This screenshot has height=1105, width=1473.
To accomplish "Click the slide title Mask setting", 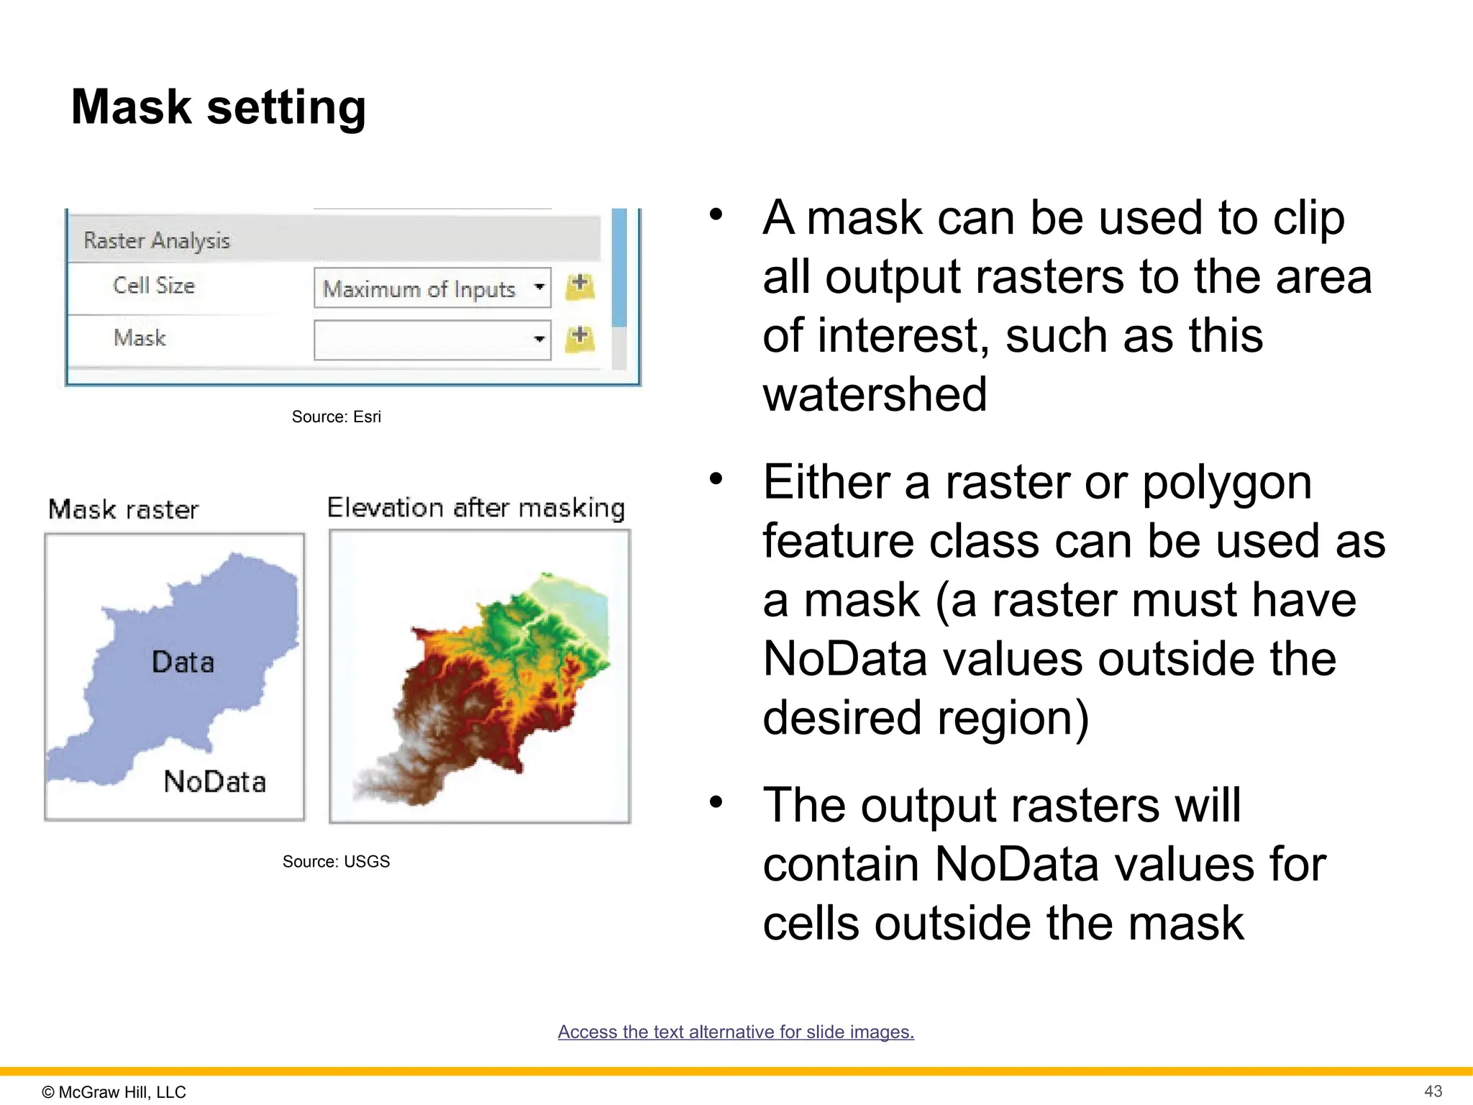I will [219, 107].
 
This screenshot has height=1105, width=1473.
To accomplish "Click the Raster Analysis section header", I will [157, 240].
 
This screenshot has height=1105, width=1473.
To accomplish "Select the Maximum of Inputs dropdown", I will [432, 288].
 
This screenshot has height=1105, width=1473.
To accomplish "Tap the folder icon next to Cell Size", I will [580, 286].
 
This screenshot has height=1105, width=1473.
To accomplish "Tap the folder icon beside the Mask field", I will [580, 338].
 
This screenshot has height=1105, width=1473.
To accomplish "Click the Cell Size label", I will [154, 286].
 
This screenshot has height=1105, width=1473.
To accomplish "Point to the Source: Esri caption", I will [336, 417].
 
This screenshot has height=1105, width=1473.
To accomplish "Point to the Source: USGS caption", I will [336, 861].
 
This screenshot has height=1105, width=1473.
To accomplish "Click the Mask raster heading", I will [123, 509].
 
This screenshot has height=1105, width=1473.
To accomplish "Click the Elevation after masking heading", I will [475, 508].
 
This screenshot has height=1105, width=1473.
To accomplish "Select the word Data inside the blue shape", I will [183, 662].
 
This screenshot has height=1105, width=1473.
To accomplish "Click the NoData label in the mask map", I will [214, 781].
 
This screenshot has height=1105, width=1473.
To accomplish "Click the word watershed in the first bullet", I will [875, 394].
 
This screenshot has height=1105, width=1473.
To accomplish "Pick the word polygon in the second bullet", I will [1227, 482].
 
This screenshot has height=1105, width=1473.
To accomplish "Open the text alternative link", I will [736, 1032].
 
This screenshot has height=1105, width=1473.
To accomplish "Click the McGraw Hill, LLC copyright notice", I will [114, 1091].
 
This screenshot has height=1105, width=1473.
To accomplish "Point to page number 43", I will [1433, 1091].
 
